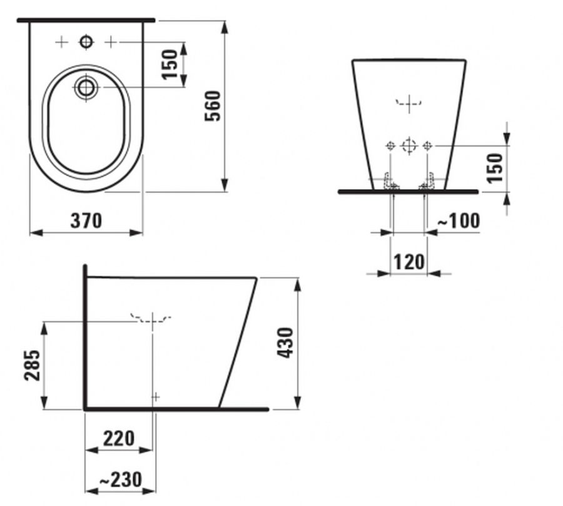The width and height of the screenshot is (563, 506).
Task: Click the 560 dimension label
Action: pyautogui.click(x=213, y=106)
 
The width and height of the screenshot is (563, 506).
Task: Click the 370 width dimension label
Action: pyautogui.click(x=86, y=220)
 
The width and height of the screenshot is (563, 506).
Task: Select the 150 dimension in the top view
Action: pyautogui.click(x=170, y=65)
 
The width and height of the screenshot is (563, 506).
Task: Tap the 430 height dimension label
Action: pyautogui.click(x=286, y=343)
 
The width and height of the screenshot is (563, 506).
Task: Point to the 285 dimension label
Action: pyautogui.click(x=32, y=365)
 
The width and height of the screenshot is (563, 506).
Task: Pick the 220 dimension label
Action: pyautogui.click(x=119, y=438)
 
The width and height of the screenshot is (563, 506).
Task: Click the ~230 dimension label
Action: pyautogui.click(x=121, y=480)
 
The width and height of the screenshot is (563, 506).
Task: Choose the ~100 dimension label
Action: pyautogui.click(x=459, y=220)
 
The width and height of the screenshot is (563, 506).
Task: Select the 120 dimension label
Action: pyautogui.click(x=409, y=262)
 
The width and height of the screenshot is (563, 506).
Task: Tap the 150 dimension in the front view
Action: pyautogui.click(x=495, y=168)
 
